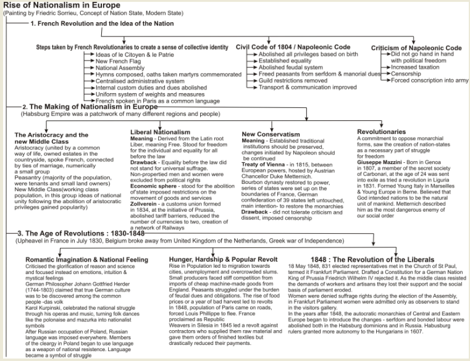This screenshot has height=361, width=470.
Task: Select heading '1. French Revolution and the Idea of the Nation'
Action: pos(107,23)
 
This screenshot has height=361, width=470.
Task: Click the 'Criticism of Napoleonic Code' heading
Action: pos(416,48)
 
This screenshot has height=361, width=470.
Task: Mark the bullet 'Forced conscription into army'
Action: pos(429,80)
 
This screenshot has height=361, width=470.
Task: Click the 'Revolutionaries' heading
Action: pos(381,131)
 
